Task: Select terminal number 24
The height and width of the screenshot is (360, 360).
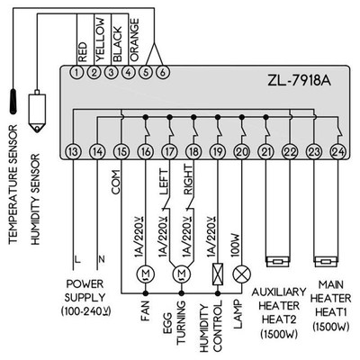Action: point(336,152)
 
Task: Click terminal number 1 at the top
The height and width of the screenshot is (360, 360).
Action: point(76,71)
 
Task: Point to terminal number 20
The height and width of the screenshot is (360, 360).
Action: point(240,152)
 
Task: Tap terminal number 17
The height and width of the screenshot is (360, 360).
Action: point(169,152)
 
